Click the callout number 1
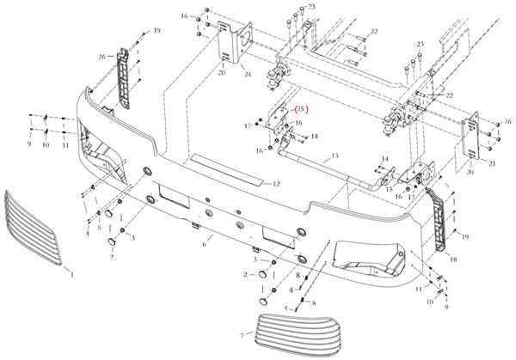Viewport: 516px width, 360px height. [72, 273]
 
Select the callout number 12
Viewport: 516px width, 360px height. [277, 184]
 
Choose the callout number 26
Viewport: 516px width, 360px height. [102, 57]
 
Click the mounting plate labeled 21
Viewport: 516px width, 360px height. [472, 137]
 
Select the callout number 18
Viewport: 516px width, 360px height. [453, 258]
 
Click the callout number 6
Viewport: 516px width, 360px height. [203, 245]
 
